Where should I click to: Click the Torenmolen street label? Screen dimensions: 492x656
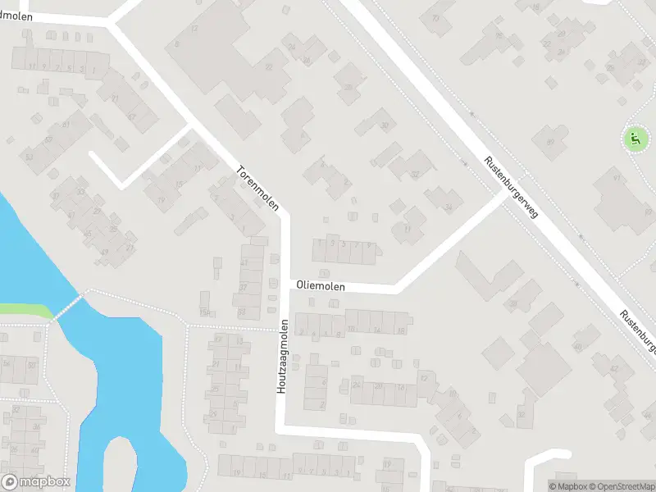[x=258, y=189]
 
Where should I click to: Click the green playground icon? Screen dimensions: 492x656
[x=634, y=139]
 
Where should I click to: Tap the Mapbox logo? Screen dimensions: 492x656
[x=35, y=482]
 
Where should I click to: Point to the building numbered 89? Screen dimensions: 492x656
[x=550, y=143]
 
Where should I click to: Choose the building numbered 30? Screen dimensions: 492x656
[x=385, y=125]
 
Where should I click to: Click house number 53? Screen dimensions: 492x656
[x=30, y=157]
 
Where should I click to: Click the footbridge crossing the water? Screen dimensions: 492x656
[x=69, y=307]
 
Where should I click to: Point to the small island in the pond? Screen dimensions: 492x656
[x=121, y=464]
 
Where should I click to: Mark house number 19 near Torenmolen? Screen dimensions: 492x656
[x=162, y=200]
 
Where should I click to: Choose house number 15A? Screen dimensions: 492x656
[x=204, y=312]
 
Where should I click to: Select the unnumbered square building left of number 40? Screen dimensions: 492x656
[x=498, y=353]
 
